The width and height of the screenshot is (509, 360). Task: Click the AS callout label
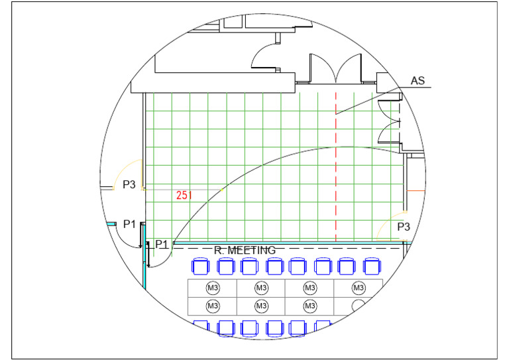(418, 80)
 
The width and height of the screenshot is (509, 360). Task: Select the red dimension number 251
(184, 195)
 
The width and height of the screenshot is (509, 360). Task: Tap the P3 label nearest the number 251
(129, 184)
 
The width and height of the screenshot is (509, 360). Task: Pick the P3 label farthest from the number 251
(404, 227)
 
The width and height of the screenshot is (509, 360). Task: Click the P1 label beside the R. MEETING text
(162, 244)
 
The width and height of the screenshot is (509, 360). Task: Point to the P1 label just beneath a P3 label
(129, 223)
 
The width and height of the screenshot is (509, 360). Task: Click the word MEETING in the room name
(252, 251)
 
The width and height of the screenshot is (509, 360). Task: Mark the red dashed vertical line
(335, 167)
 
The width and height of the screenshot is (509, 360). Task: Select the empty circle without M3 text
(359, 306)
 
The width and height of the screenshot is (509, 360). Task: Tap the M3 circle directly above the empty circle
(359, 288)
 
